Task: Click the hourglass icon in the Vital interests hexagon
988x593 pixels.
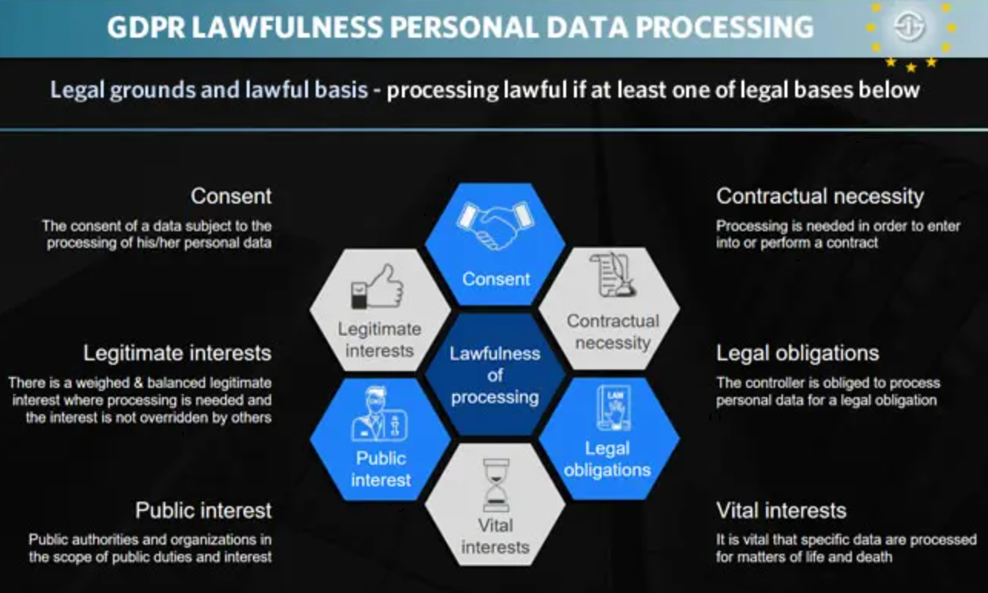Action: pyautogui.click(x=496, y=485)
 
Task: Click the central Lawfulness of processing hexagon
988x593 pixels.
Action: pyautogui.click(x=495, y=375)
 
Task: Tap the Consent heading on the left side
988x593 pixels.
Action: pyautogui.click(x=230, y=196)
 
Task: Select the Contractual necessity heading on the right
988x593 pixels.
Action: pyautogui.click(x=820, y=196)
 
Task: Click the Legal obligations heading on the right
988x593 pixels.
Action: pyautogui.click(x=797, y=353)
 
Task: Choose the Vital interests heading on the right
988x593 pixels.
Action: pyautogui.click(x=781, y=511)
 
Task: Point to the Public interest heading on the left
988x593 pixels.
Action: pyautogui.click(x=204, y=511)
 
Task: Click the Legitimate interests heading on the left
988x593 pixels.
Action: pyautogui.click(x=177, y=353)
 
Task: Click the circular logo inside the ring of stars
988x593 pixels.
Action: pyautogui.click(x=910, y=28)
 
